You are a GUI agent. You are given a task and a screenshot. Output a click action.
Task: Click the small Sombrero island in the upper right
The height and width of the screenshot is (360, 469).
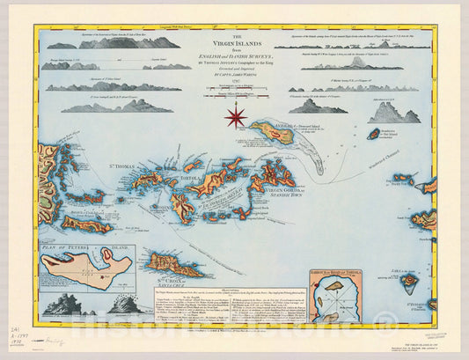(373, 135)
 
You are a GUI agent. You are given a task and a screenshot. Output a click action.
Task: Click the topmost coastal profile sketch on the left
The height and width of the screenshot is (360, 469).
(114, 43)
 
